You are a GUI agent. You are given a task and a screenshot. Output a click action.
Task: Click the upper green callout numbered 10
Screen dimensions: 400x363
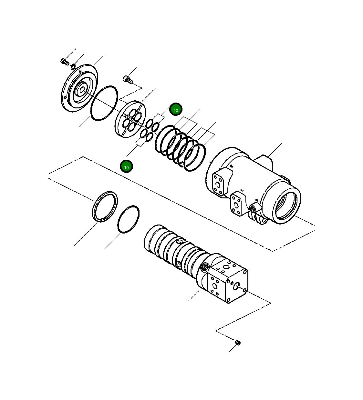(x=176, y=110)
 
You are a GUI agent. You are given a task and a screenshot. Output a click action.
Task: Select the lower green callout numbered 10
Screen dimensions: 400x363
(x=126, y=167)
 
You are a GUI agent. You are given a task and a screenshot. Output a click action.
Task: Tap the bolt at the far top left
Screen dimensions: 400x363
(x=64, y=61)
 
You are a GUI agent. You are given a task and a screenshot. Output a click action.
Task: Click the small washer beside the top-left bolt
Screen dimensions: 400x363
(x=73, y=66)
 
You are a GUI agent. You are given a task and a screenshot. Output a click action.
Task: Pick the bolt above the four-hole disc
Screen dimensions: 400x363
(x=128, y=79)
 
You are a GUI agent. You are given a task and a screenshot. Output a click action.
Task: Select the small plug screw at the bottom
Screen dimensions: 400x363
(x=238, y=342)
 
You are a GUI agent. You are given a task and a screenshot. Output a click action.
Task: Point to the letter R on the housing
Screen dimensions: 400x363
(x=231, y=166)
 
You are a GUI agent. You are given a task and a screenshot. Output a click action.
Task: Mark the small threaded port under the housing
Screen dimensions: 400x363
(x=253, y=209)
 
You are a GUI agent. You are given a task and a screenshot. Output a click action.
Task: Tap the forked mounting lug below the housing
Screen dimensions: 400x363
(x=260, y=219)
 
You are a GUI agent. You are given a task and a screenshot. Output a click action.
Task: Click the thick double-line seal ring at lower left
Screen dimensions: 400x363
(x=105, y=206)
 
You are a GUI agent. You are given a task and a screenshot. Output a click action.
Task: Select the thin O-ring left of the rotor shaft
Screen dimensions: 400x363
(x=128, y=219)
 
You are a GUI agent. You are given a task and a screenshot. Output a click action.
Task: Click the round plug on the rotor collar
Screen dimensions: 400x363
(x=204, y=267)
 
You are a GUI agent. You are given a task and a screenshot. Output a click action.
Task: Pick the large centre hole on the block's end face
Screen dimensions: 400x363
(x=237, y=285)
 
